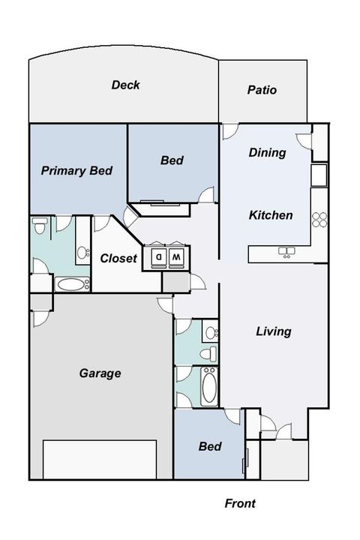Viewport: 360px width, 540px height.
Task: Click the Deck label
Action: (125, 85)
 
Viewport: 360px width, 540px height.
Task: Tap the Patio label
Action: (262, 90)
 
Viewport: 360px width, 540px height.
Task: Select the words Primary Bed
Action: (76, 170)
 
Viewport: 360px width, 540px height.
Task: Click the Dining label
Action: (267, 152)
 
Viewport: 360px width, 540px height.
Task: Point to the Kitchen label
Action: (270, 215)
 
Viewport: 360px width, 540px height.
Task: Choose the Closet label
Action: (118, 258)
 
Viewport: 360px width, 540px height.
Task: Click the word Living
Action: (273, 331)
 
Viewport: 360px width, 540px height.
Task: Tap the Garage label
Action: (100, 373)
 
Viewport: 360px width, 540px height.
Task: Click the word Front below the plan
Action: (240, 503)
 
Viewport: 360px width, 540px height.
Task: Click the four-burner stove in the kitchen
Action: (319, 219)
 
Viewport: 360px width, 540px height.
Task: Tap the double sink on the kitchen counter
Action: (286, 251)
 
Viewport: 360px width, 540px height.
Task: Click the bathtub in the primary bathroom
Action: (72, 284)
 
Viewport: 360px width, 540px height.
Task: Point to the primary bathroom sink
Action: (81, 252)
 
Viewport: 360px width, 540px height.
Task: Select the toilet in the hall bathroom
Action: (210, 352)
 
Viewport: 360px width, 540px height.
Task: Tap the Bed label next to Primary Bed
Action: (172, 160)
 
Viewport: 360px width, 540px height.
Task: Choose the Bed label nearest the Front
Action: (209, 446)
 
